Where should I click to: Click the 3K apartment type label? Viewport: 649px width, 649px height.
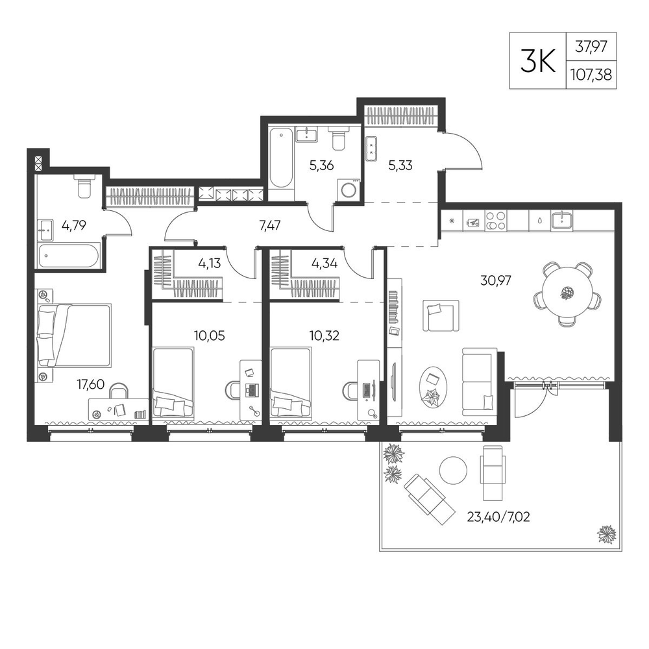pyautogui.click(x=537, y=61)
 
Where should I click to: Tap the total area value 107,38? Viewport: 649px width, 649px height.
pyautogui.click(x=591, y=75)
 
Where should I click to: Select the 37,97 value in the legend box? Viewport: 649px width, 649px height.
pyautogui.click(x=591, y=46)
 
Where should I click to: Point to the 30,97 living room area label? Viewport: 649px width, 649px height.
pyautogui.click(x=495, y=280)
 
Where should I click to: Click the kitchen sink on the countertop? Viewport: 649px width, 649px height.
pyautogui.click(x=561, y=220)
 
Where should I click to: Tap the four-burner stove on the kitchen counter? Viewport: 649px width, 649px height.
pyautogui.click(x=495, y=220)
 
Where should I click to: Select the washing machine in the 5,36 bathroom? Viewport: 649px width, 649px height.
pyautogui.click(x=349, y=190)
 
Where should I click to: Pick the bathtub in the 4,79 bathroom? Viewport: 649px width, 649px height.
pyautogui.click(x=69, y=256)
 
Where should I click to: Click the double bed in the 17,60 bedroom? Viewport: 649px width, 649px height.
pyautogui.click(x=74, y=336)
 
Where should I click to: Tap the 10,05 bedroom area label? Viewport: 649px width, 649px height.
pyautogui.click(x=209, y=336)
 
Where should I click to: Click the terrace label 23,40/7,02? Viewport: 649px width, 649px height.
pyautogui.click(x=498, y=517)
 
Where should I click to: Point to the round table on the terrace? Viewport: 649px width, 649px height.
pyautogui.click(x=453, y=470)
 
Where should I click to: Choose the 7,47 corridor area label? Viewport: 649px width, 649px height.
pyautogui.click(x=270, y=225)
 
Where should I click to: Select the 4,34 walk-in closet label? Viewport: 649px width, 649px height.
pyautogui.click(x=325, y=263)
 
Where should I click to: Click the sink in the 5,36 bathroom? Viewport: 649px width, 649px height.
pyautogui.click(x=306, y=135)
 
